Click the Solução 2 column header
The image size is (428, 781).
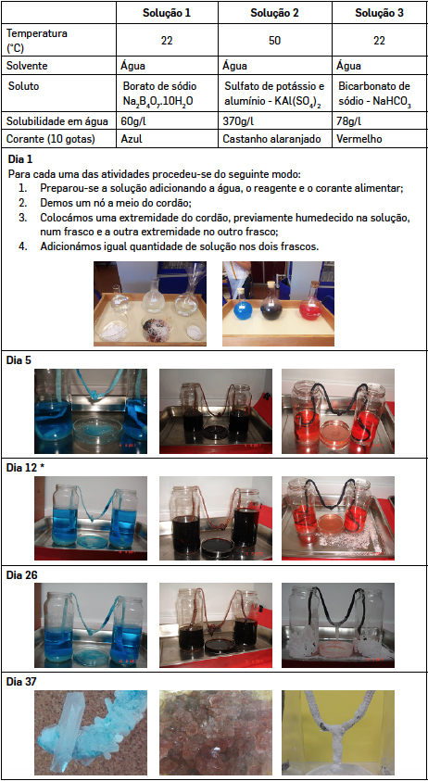point(274,14)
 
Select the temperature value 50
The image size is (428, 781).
point(274,41)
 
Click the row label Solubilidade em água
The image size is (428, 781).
point(52,121)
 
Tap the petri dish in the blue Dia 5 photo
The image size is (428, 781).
point(93,429)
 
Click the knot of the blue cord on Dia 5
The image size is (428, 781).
point(94,396)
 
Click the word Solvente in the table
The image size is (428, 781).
point(27,65)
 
